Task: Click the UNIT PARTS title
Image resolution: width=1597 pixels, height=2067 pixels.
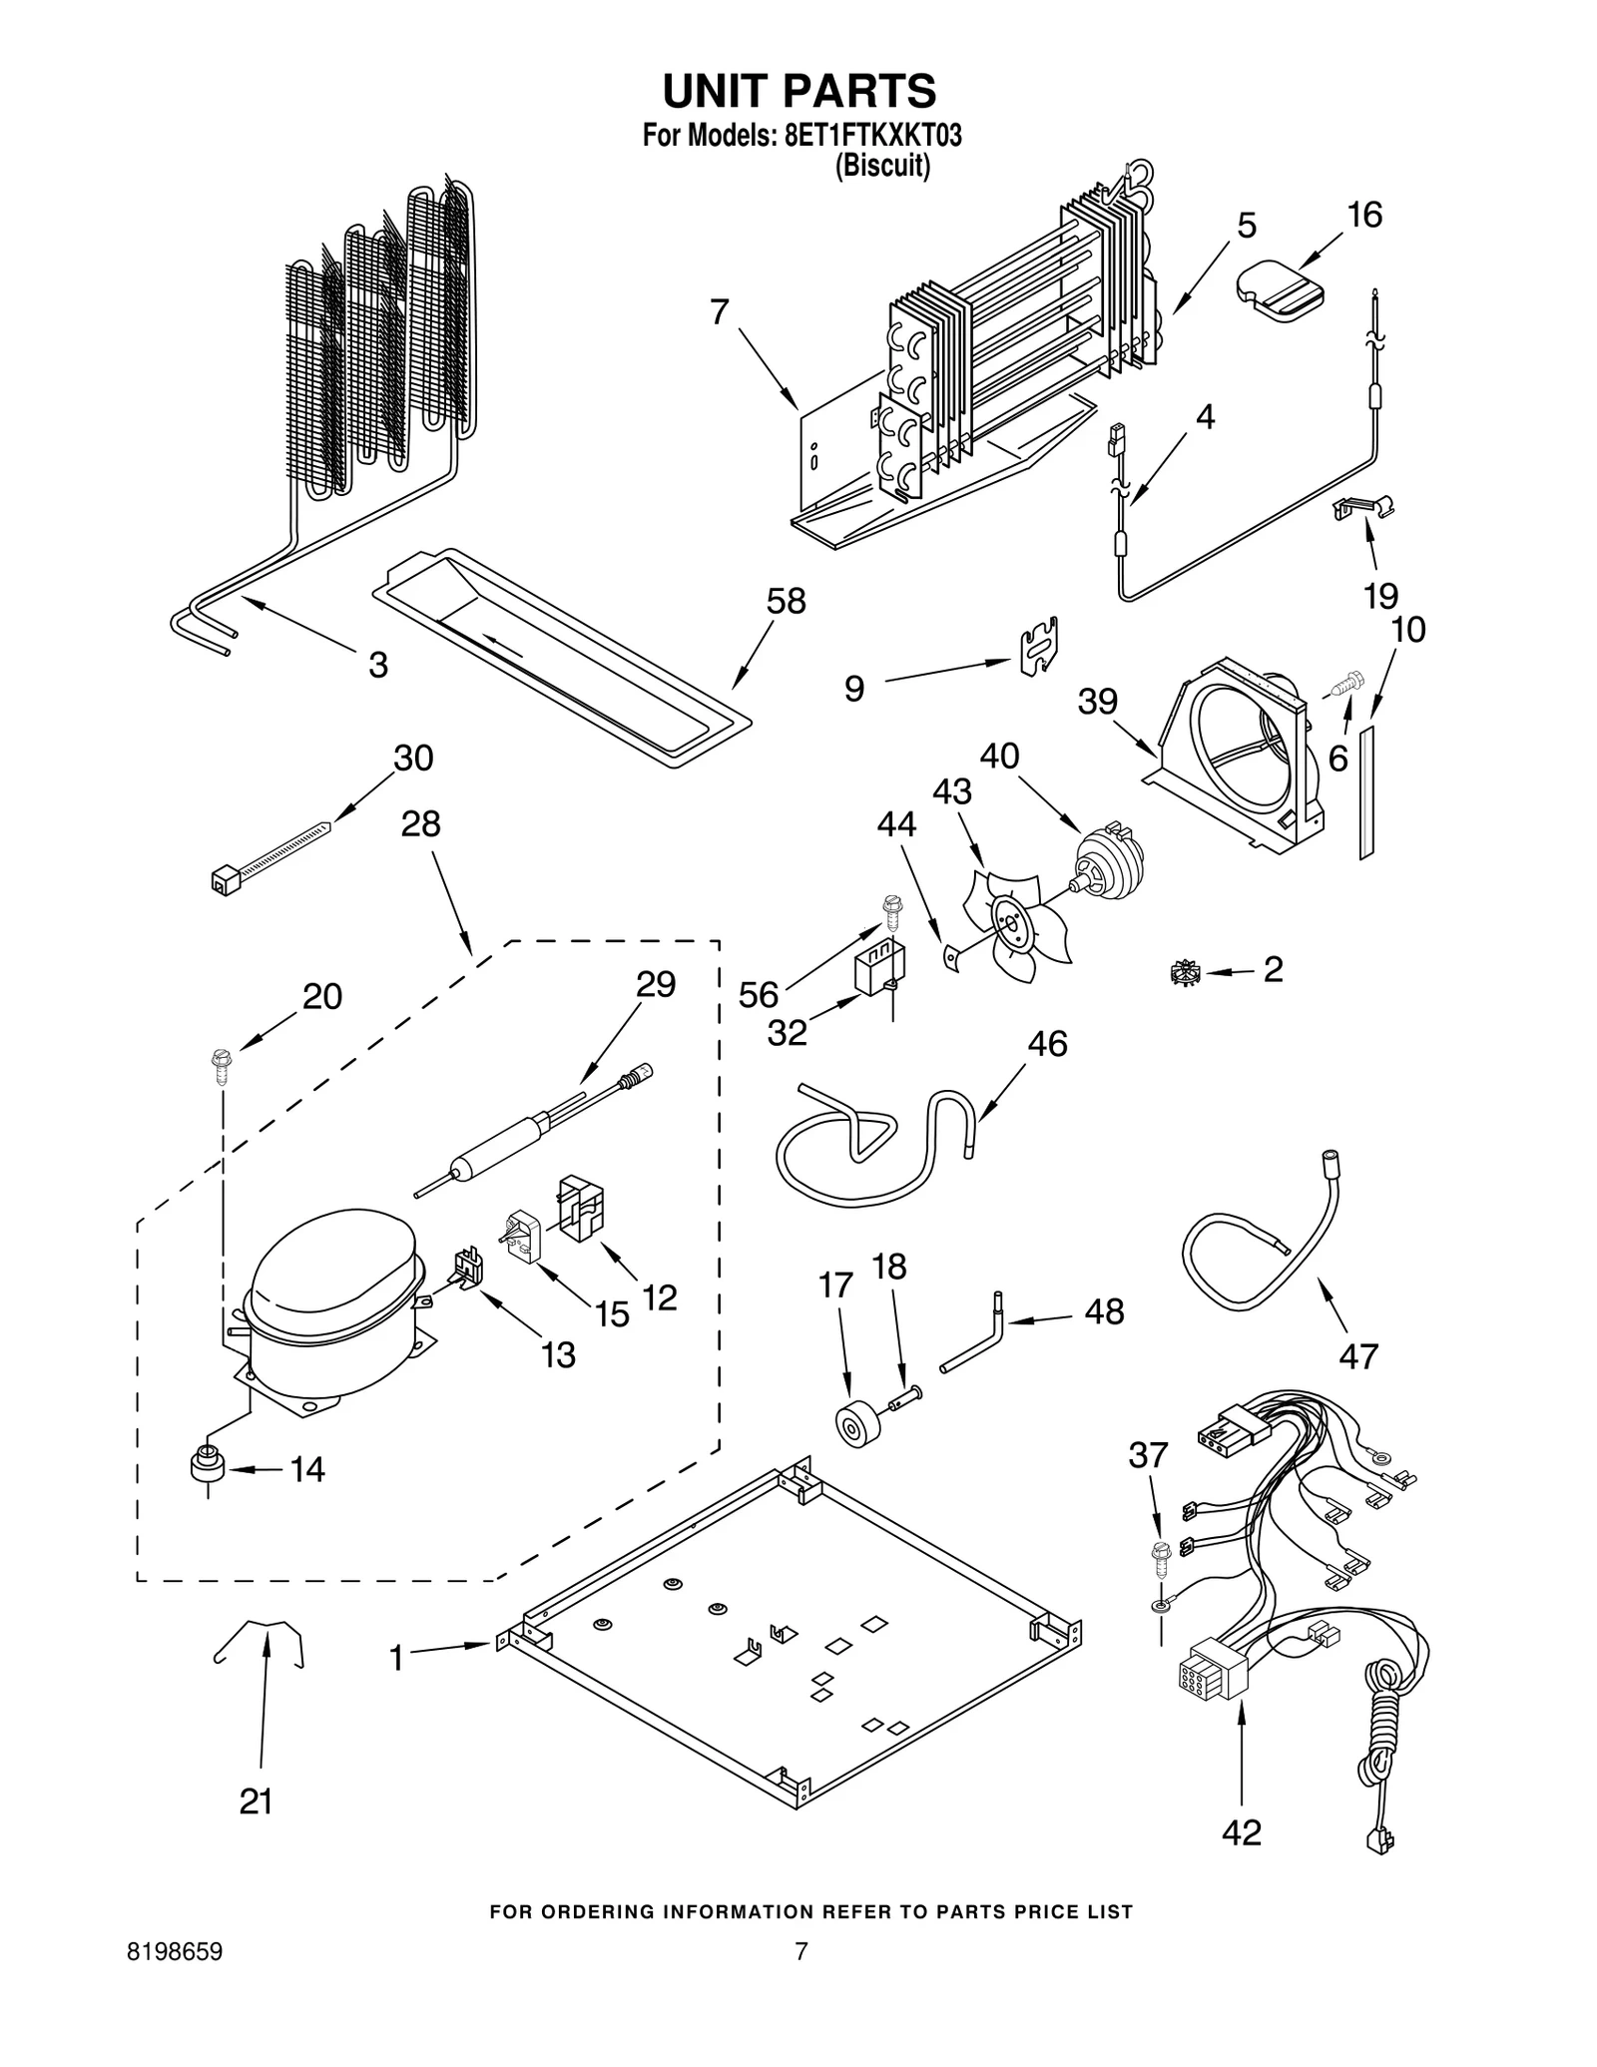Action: pyautogui.click(x=798, y=91)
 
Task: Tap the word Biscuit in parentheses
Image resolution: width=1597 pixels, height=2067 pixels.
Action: pyautogui.click(x=882, y=166)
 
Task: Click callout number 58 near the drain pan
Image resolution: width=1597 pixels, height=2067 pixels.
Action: pyautogui.click(x=786, y=602)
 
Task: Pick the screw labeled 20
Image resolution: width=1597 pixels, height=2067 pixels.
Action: pyautogui.click(x=221, y=1064)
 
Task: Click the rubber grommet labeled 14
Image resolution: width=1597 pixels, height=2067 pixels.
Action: pyautogui.click(x=207, y=1467)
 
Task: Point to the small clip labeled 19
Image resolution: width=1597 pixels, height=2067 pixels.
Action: pyautogui.click(x=1364, y=509)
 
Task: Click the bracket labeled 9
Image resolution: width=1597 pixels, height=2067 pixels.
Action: pyautogui.click(x=1039, y=646)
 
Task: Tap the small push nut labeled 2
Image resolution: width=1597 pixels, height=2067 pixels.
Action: pyautogui.click(x=1183, y=971)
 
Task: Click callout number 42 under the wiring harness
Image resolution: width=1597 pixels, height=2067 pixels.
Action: pyautogui.click(x=1241, y=1832)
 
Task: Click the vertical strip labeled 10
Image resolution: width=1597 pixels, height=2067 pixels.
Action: pyautogui.click(x=1366, y=791)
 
